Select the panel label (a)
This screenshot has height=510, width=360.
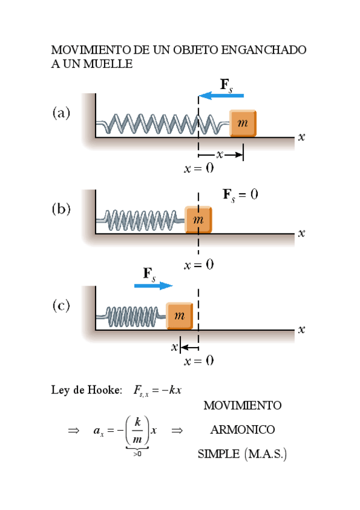(61, 112)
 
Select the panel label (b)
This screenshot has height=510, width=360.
(61, 209)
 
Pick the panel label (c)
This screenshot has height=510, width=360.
(61, 306)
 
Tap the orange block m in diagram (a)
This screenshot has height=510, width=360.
(243, 123)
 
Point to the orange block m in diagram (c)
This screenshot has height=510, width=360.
(180, 316)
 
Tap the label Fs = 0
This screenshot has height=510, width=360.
(240, 194)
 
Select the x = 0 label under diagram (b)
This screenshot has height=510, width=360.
(199, 265)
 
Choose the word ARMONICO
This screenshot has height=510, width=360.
(242, 430)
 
